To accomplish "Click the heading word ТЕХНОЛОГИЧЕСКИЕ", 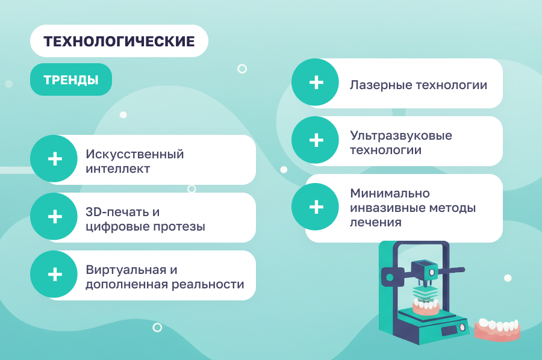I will click(119, 41).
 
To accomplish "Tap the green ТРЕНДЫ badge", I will click(71, 79).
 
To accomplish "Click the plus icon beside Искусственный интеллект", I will click(55, 159).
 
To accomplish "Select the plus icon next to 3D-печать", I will click(55, 217).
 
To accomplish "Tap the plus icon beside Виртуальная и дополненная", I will click(55, 275).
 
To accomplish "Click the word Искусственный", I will click(134, 154).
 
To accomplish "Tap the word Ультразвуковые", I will click(400, 136).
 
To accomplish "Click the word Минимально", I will click(390, 193).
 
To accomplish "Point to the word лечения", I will click(376, 223).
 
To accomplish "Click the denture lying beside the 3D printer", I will click(497, 329).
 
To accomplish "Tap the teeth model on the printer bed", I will click(426, 306).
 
